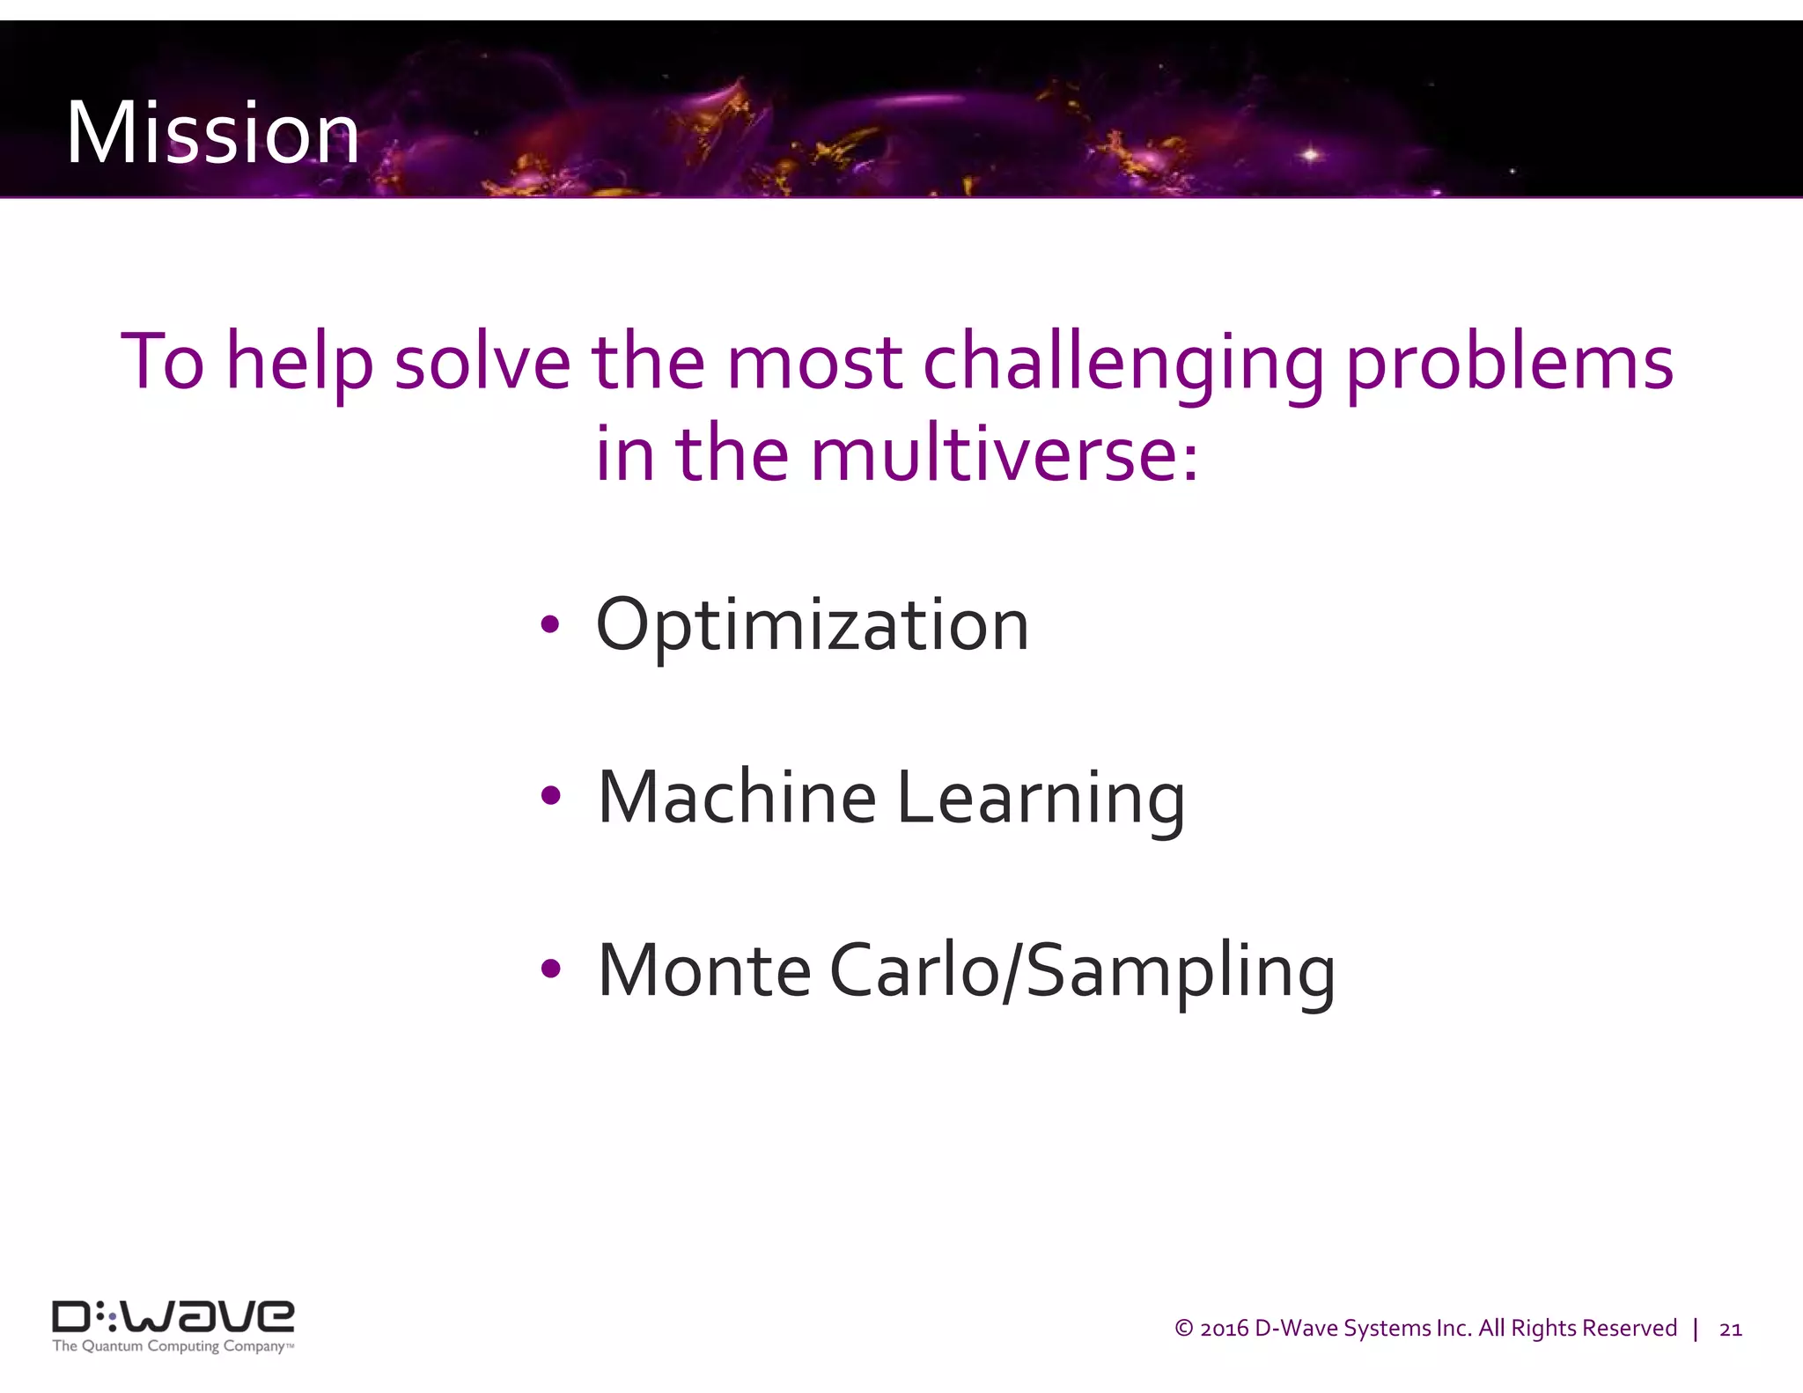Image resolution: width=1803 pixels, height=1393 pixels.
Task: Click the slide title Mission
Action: pyautogui.click(x=212, y=133)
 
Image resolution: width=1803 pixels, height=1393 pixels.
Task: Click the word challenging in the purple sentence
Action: pyautogui.click(x=1123, y=364)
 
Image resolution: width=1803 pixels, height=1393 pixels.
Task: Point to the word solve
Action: pyautogui.click(x=482, y=362)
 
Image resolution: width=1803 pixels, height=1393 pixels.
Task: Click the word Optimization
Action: pyautogui.click(x=812, y=625)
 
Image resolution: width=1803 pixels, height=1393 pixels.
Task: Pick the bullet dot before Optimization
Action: pyautogui.click(x=550, y=625)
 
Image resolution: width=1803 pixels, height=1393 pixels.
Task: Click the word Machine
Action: pyautogui.click(x=737, y=797)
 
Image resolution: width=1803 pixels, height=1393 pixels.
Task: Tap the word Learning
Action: pyautogui.click(x=1041, y=799)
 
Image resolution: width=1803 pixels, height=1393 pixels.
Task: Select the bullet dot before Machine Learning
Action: pyautogui.click(x=551, y=797)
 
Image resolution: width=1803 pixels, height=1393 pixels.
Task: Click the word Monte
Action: pyautogui.click(x=703, y=970)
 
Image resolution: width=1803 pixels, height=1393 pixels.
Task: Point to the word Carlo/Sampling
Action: pyautogui.click(x=1082, y=972)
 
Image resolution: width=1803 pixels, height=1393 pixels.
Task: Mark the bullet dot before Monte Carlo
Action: pyautogui.click(x=551, y=969)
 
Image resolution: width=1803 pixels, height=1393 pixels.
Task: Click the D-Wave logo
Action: pyautogui.click(x=173, y=1316)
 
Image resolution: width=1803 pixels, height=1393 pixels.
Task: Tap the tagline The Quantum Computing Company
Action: pyautogui.click(x=172, y=1346)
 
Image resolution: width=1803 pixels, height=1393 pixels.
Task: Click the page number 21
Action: pyautogui.click(x=1730, y=1330)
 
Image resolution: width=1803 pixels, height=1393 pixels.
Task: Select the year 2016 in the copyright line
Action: pyautogui.click(x=1224, y=1329)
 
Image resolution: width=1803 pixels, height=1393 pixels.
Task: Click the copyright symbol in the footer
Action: pyautogui.click(x=1184, y=1329)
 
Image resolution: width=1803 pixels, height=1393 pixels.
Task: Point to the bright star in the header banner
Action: pyautogui.click(x=1311, y=155)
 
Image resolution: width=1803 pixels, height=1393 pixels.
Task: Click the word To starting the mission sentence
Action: pyautogui.click(x=162, y=362)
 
